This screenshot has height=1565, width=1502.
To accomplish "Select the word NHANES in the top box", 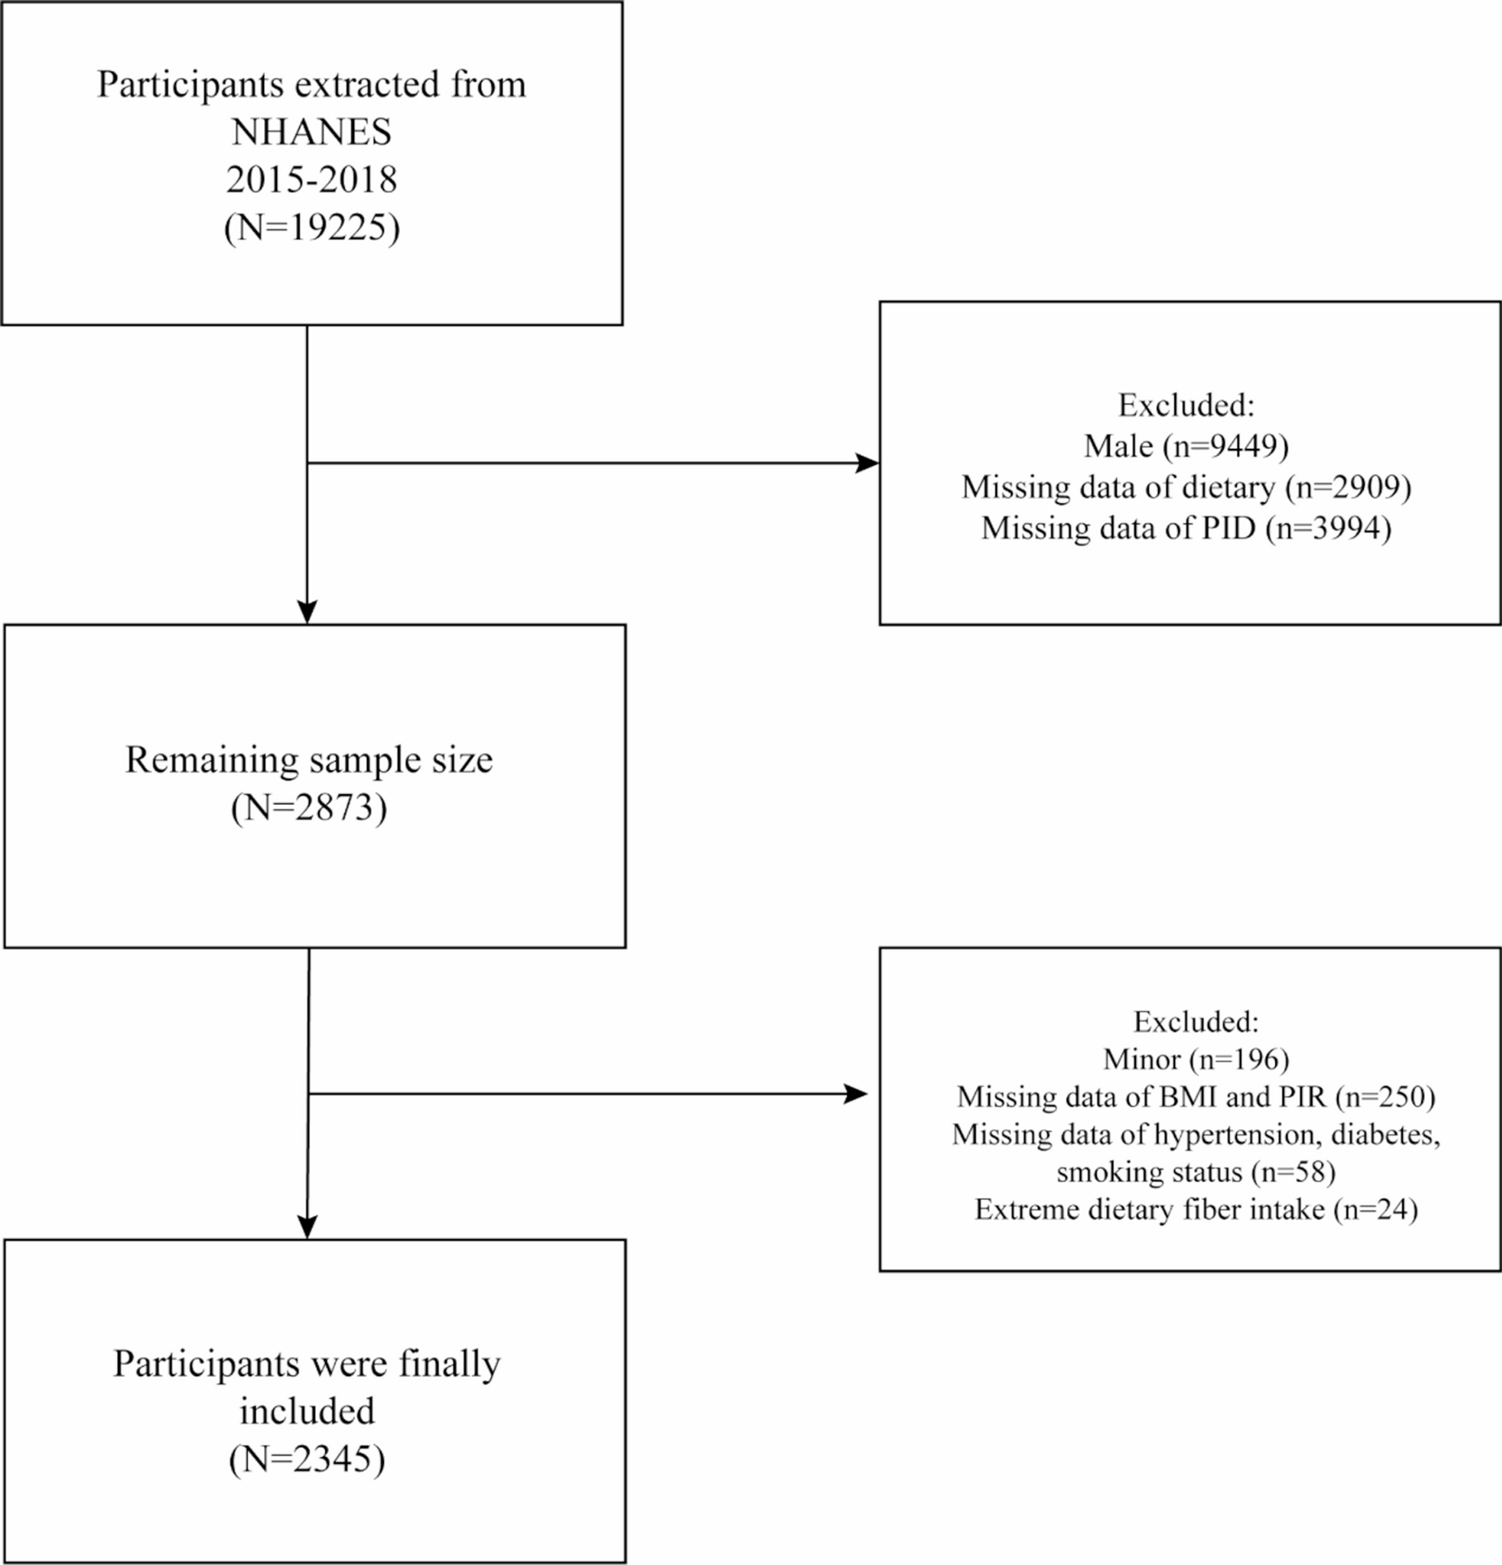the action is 311,133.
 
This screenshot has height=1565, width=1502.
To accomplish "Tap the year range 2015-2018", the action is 311,180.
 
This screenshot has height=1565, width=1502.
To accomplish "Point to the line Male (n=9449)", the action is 1186,446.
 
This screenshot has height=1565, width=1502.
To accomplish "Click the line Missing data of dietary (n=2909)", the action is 1186,488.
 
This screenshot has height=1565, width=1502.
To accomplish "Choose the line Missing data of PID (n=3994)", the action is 1186,528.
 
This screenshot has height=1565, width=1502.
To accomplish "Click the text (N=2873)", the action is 309,807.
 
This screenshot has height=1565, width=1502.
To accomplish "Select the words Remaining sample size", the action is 309,760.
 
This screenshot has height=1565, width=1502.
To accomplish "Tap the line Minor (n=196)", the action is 1196,1059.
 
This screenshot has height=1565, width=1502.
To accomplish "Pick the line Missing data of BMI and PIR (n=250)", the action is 1196,1097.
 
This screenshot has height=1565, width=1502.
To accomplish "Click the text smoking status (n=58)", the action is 1196,1172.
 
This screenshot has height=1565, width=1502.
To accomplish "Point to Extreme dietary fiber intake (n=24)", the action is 1196,1210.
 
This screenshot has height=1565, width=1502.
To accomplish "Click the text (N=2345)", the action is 307,1459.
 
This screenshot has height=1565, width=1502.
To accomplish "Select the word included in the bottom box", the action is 307,1411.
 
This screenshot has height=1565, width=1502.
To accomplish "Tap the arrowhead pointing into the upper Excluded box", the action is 868,463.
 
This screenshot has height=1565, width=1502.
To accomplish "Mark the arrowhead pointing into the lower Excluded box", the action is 857,1094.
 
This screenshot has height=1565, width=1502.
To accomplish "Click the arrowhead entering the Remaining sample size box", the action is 307,613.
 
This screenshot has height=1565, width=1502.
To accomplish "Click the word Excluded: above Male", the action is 1186,405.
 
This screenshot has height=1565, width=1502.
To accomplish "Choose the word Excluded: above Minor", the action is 1196,1022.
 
